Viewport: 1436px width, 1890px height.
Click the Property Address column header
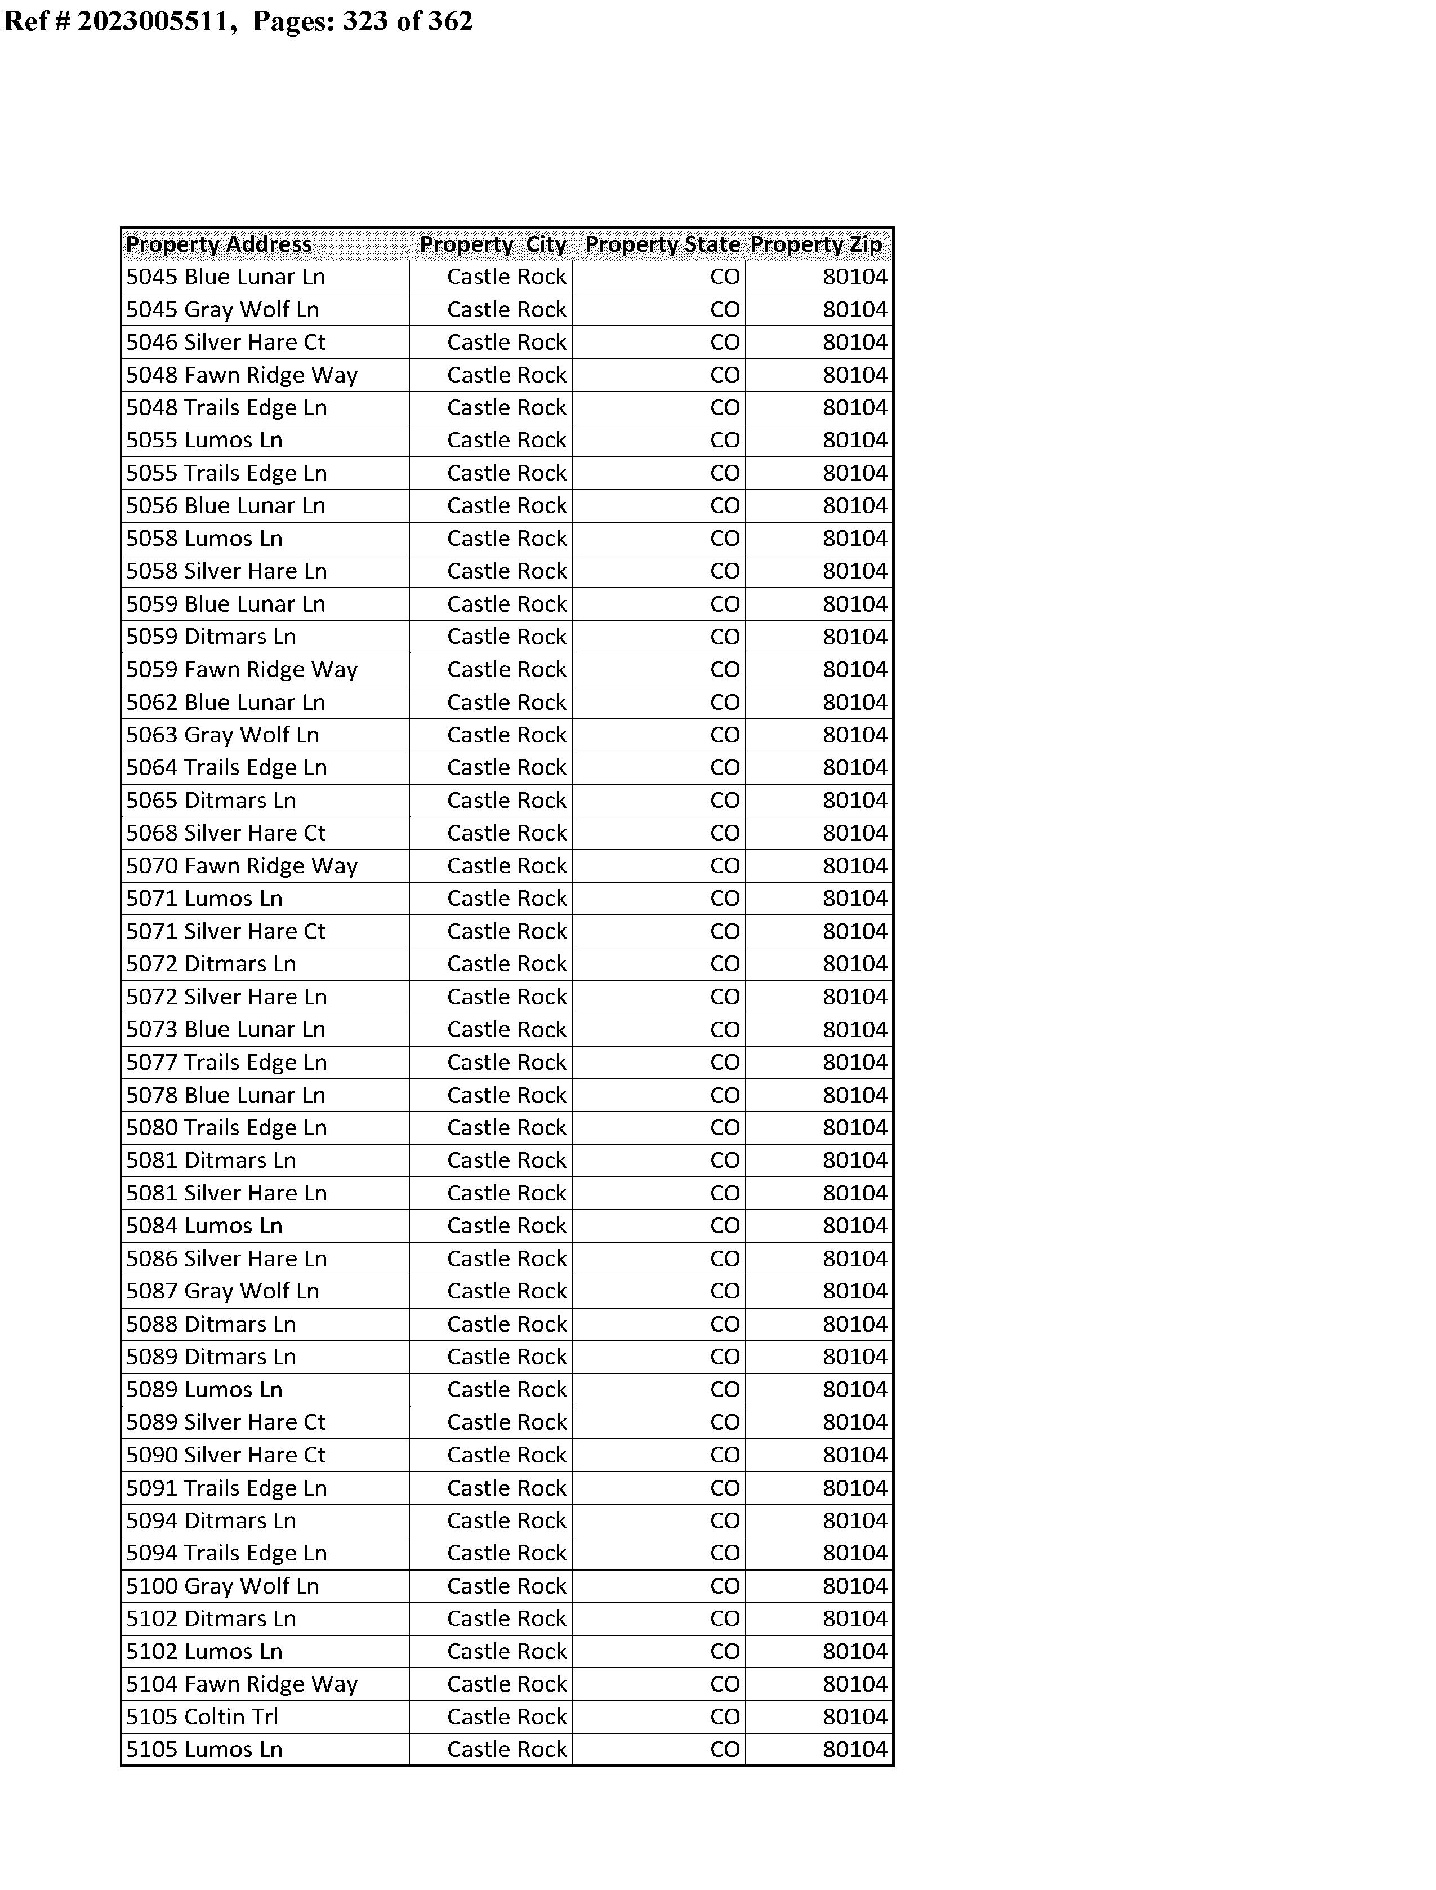coord(219,244)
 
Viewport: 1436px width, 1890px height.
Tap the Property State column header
coord(662,244)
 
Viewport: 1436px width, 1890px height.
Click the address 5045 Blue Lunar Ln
coord(226,277)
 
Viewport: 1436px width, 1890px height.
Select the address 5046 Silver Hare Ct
coord(226,343)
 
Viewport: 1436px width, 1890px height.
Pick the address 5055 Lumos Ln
coord(204,440)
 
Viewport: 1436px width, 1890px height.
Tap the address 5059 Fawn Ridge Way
coord(242,669)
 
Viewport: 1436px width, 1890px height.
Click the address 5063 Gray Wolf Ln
coord(222,735)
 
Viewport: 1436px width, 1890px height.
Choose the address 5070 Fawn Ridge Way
coord(242,866)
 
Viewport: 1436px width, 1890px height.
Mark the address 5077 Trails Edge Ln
coord(226,1062)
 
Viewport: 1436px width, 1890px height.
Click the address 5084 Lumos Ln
coord(204,1226)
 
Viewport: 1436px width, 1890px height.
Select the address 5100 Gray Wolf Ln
coord(222,1586)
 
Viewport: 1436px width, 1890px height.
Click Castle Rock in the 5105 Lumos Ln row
coord(507,1750)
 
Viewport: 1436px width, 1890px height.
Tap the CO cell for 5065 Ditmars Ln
coord(725,801)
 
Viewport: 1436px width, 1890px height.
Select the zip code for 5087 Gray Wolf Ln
coord(855,1292)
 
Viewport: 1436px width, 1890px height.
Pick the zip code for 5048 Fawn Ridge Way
coord(855,375)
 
